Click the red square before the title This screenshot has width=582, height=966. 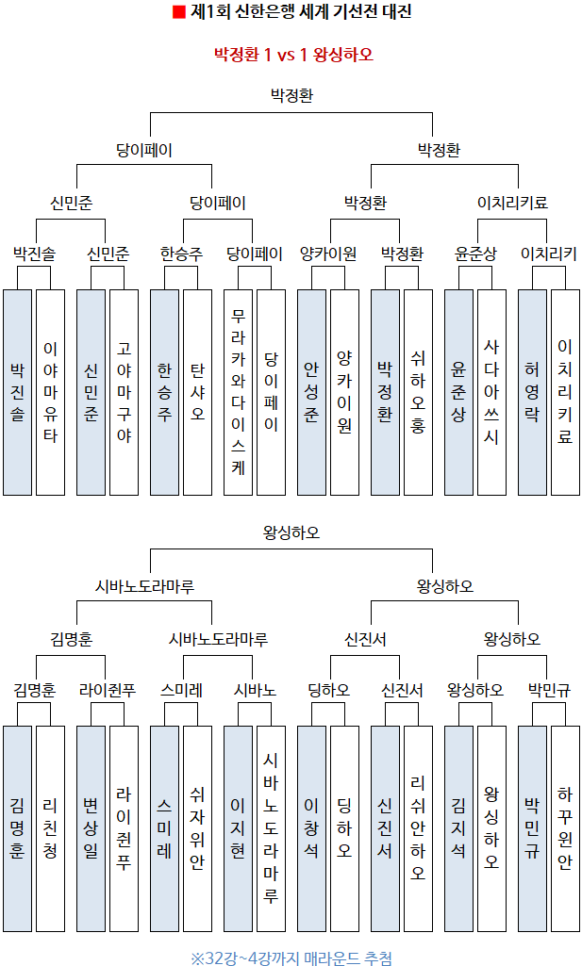coord(179,13)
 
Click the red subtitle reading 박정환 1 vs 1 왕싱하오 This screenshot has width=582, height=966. coord(293,55)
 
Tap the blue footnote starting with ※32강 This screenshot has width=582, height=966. coord(291,958)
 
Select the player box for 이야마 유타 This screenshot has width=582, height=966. coord(50,392)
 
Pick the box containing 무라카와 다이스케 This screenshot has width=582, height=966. coord(239,392)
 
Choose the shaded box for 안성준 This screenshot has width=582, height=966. coord(312,392)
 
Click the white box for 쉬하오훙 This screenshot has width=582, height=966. coord(418,392)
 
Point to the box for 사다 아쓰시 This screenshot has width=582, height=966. coord(491,392)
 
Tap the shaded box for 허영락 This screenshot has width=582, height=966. coord(532,392)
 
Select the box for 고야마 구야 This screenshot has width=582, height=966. coord(124,392)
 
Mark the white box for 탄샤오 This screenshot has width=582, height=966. coord(197,392)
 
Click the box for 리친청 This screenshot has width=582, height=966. coord(50,829)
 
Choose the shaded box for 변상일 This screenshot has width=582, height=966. coord(91,829)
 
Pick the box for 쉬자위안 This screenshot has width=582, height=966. coord(197,829)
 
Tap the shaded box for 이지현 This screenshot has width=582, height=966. coord(239,829)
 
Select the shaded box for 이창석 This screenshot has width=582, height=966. coord(312,829)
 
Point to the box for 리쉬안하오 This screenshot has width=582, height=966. coord(418,829)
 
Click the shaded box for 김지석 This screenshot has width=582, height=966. coord(458,829)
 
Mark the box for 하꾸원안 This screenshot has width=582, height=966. coord(565,829)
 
